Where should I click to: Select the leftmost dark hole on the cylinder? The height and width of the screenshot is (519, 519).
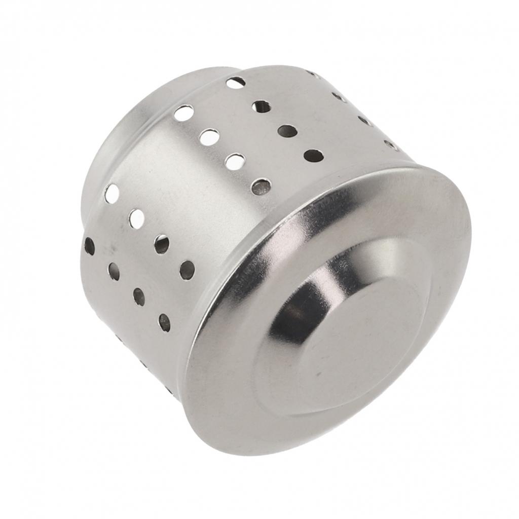[x=89, y=246]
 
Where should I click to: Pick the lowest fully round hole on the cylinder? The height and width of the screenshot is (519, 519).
[x=164, y=322]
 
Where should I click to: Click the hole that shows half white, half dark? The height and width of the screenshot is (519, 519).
[x=161, y=244]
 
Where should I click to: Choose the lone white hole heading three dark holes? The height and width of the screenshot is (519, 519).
[x=236, y=82]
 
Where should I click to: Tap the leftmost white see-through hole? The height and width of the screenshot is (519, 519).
[x=112, y=194]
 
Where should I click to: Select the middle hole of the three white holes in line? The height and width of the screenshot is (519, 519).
[x=209, y=137]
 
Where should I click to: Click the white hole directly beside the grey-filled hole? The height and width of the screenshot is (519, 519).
[x=235, y=162]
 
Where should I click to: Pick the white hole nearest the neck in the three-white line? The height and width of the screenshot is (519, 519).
[x=183, y=113]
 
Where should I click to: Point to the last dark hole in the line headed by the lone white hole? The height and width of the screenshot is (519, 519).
[x=313, y=156]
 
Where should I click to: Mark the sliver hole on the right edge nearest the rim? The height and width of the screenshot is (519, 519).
[x=391, y=145]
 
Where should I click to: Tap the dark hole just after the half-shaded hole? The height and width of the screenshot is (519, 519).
[x=187, y=270]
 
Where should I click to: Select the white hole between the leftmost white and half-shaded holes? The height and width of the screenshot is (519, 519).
[x=136, y=218]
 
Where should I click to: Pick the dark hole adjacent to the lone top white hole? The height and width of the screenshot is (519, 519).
[x=262, y=106]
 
